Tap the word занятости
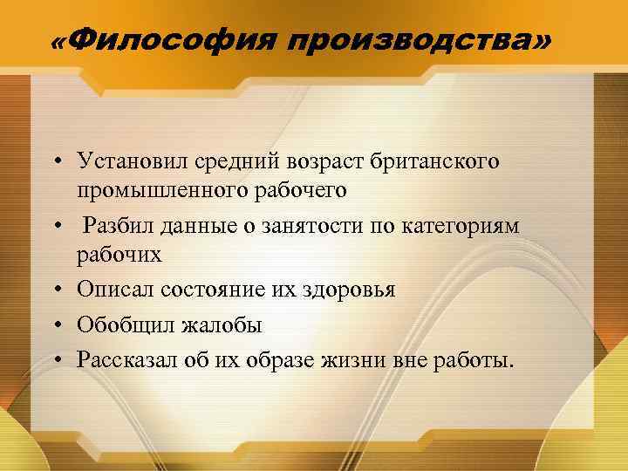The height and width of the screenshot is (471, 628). [299, 227]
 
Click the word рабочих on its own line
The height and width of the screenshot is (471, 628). [119, 255]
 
